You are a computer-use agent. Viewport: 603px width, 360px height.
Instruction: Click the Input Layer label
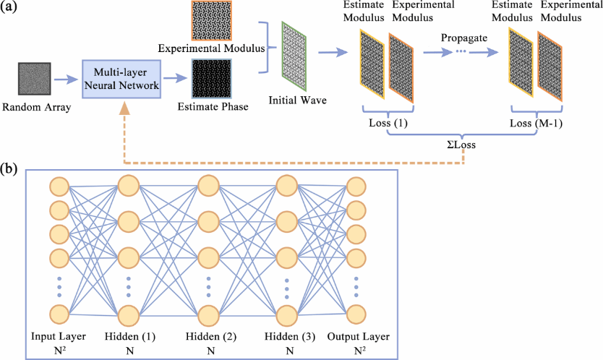(59, 337)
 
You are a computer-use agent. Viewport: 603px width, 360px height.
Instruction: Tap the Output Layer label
(357, 337)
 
